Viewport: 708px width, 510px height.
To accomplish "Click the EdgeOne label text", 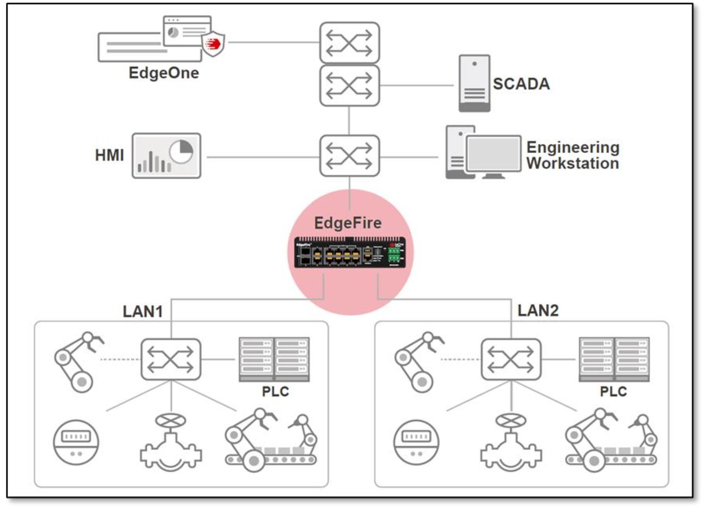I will pyautogui.click(x=163, y=73).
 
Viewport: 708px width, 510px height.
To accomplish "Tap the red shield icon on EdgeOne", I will pyautogui.click(x=213, y=44).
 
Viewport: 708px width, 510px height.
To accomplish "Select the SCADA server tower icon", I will pyautogui.click(x=474, y=83).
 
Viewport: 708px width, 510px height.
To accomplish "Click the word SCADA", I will pyautogui.click(x=521, y=84).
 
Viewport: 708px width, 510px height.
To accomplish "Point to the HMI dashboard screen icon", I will pyautogui.click(x=166, y=156).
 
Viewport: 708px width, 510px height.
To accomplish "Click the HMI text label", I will pyautogui.click(x=109, y=155).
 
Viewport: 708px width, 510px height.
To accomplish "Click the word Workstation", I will pyautogui.click(x=572, y=164).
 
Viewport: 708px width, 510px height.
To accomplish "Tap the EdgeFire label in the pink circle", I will pyautogui.click(x=348, y=223).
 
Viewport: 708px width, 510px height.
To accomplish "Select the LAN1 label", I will pyautogui.click(x=143, y=312).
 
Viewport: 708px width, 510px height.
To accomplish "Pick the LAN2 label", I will pyautogui.click(x=538, y=310).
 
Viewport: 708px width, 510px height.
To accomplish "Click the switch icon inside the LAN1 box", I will pyautogui.click(x=171, y=359).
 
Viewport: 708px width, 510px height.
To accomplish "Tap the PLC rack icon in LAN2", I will pyautogui.click(x=614, y=359).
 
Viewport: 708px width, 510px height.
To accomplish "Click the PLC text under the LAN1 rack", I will pyautogui.click(x=275, y=391).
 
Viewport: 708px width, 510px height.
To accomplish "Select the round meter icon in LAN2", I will pyautogui.click(x=416, y=442).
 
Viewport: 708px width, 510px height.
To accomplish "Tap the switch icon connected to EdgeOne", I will pyautogui.click(x=349, y=43).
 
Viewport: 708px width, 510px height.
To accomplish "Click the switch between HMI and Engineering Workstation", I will pyautogui.click(x=349, y=156).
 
